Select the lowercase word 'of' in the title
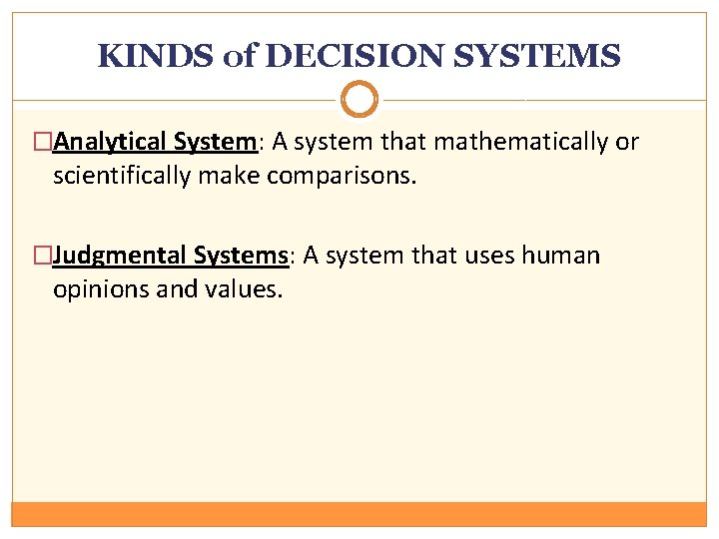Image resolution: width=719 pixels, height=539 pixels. [x=240, y=56]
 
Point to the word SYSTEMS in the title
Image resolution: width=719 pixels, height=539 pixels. [x=537, y=56]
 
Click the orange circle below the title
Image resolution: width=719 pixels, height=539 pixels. [x=359, y=99]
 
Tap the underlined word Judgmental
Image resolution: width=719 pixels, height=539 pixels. [x=119, y=257]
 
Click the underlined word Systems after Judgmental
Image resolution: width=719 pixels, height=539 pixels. [x=241, y=257]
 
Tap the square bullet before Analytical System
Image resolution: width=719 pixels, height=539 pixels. [x=43, y=143]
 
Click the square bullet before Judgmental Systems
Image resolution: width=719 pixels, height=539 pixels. [x=43, y=257]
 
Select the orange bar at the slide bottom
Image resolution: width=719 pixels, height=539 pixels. [x=359, y=514]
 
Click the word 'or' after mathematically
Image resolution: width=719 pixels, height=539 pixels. [x=626, y=143]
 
